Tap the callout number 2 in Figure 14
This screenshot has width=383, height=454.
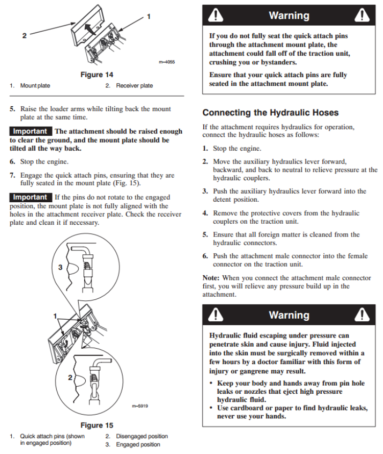pos(24,36)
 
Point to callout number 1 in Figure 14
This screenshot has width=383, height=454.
pos(149,16)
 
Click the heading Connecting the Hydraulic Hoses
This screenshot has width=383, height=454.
pos(271,112)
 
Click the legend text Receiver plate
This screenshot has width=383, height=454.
pos(134,85)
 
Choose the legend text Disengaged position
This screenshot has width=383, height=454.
pos(141,436)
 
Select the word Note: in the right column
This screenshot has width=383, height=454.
pos(211,278)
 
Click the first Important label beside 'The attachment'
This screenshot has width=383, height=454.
pos(31,131)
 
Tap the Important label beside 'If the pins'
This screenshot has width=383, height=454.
pos(31,197)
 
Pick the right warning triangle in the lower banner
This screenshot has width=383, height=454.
pos(362,315)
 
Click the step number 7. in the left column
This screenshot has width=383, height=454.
pos(13,175)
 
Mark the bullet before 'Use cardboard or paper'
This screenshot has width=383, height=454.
pos(212,408)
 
